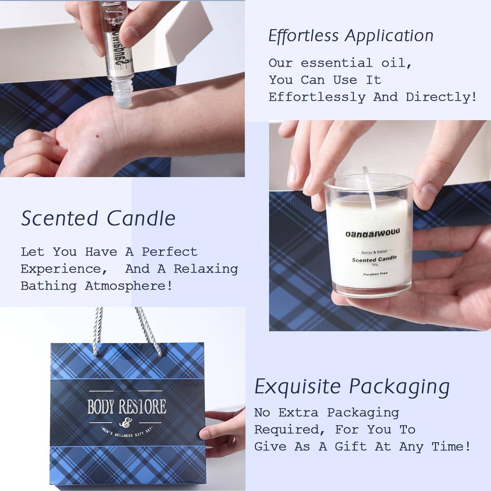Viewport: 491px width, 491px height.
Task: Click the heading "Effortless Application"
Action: point(351,36)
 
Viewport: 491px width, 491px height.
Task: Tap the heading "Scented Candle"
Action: point(98,218)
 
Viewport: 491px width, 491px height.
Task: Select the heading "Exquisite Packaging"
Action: point(352,386)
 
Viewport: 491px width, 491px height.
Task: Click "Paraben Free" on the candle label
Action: point(375,274)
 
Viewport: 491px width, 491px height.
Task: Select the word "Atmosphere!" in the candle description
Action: point(129,286)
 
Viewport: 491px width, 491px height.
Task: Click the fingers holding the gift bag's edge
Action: point(223,426)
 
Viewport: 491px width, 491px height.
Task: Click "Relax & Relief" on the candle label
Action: point(374,252)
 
